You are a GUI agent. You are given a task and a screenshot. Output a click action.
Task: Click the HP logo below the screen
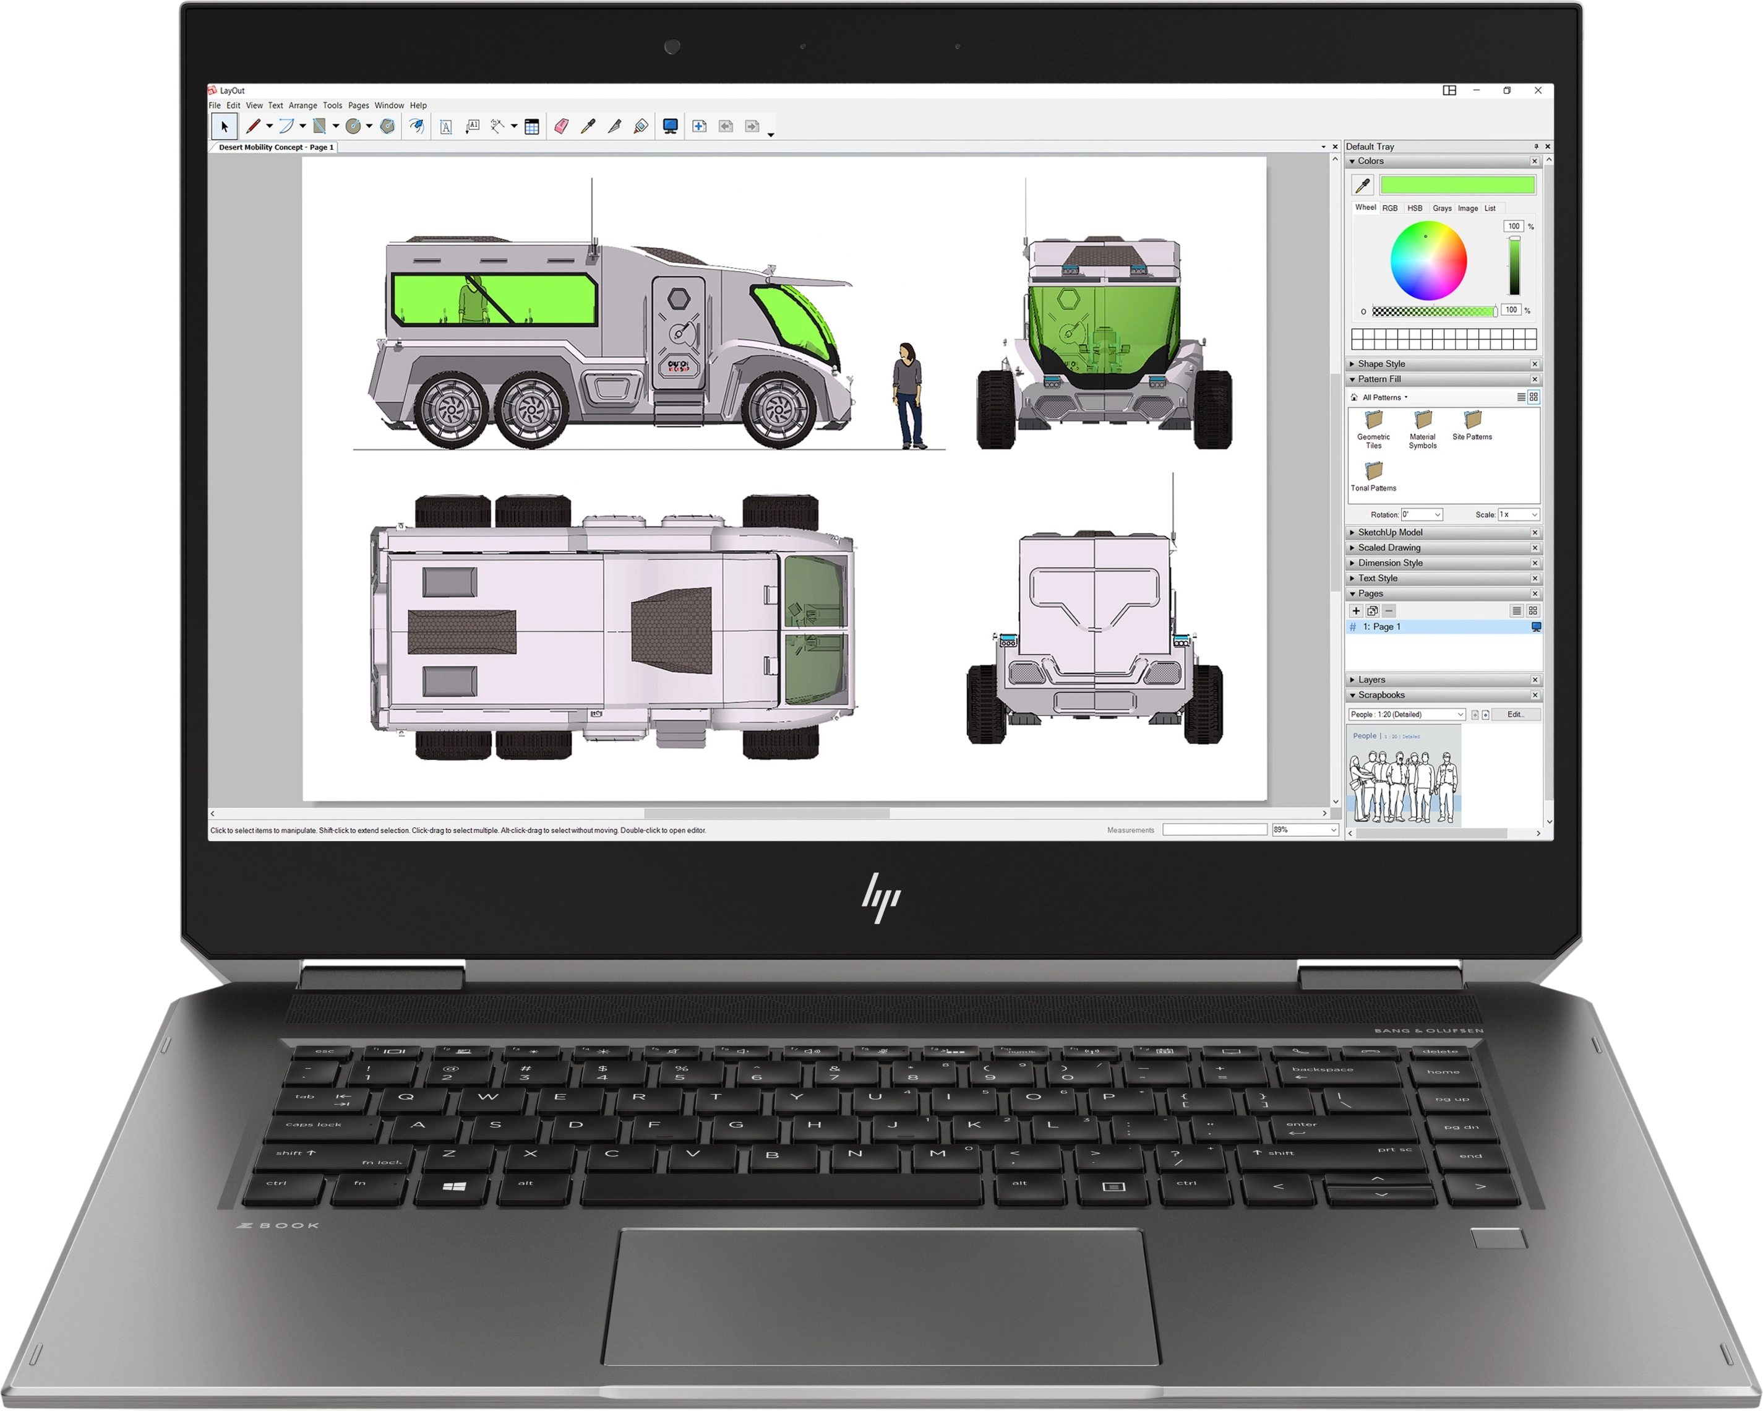click(881, 897)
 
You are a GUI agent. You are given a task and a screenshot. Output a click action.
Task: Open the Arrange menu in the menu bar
click(302, 106)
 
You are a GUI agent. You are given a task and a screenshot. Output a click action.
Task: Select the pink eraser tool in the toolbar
click(561, 126)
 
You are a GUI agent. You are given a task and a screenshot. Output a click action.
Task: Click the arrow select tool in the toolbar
click(224, 126)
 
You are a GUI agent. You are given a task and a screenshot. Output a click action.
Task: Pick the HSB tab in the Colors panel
click(1415, 208)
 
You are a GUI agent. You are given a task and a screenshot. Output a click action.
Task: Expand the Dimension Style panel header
click(1390, 563)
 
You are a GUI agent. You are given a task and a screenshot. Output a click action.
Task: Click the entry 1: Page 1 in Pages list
click(1382, 626)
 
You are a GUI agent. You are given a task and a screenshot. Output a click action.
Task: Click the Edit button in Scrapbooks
click(1515, 714)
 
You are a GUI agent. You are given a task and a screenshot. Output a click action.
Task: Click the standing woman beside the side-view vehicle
click(907, 395)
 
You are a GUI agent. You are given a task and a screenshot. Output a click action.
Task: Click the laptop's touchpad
click(881, 1296)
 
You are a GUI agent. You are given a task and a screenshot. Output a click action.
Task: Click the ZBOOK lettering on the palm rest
click(278, 1225)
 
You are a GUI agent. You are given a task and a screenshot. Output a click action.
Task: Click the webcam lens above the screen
click(672, 46)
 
